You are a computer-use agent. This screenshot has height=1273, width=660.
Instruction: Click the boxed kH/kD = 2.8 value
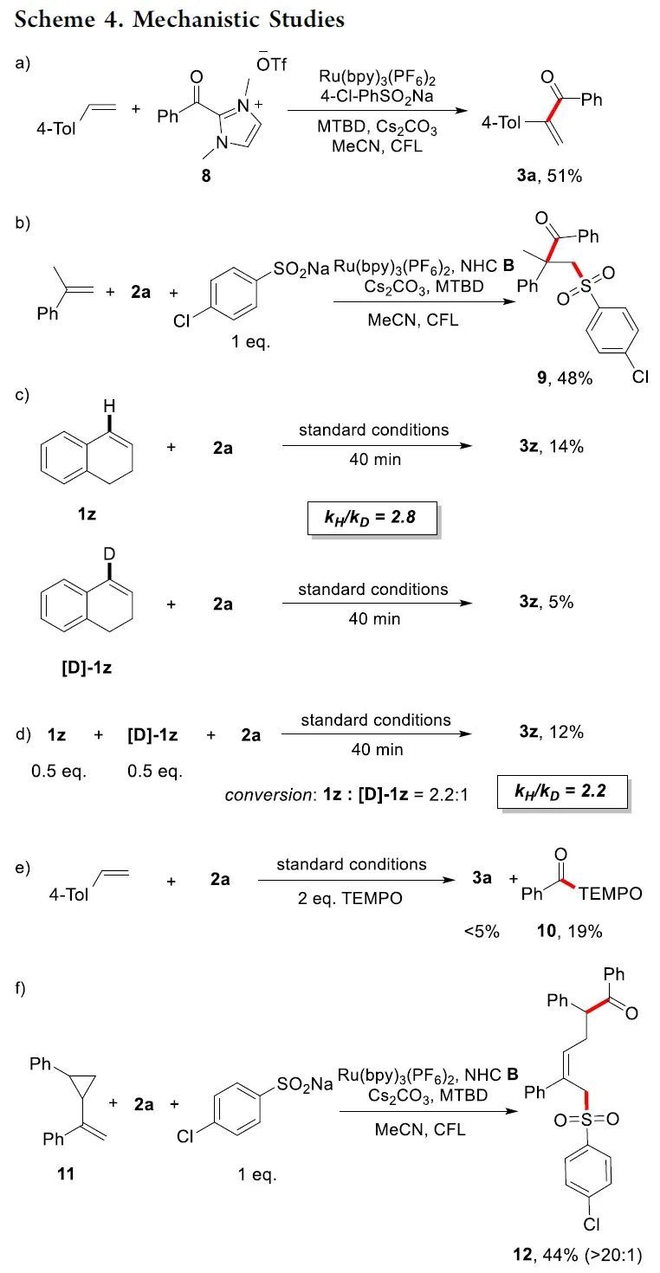coord(372,520)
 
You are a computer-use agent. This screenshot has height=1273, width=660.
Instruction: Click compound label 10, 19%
coord(572,931)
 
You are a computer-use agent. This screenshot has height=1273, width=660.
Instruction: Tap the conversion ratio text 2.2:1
coord(445,793)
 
